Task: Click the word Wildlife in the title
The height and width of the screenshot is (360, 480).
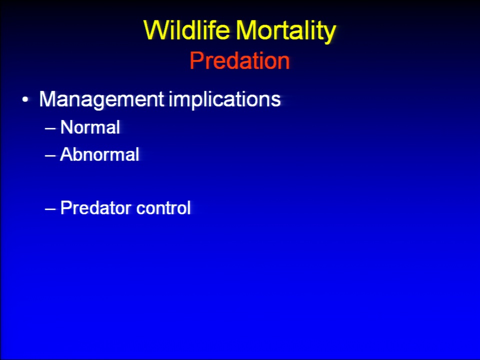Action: pyautogui.click(x=186, y=30)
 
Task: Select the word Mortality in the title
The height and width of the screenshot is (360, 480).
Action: pyautogui.click(x=286, y=32)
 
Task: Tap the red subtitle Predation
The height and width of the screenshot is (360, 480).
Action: pyautogui.click(x=239, y=60)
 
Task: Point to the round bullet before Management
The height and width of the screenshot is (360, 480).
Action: pyautogui.click(x=25, y=100)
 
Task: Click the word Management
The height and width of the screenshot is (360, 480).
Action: pyautogui.click(x=101, y=100)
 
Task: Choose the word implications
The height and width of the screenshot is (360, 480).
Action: pyautogui.click(x=224, y=99)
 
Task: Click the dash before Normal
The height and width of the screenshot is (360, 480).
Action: pyautogui.click(x=50, y=128)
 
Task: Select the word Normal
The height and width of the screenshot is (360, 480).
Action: pyautogui.click(x=90, y=127)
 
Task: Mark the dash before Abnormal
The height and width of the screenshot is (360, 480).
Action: pyautogui.click(x=50, y=155)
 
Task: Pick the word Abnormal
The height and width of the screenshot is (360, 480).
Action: pyautogui.click(x=99, y=154)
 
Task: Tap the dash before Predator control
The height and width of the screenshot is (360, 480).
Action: pyautogui.click(x=50, y=209)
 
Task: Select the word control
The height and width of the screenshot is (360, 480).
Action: pyautogui.click(x=163, y=208)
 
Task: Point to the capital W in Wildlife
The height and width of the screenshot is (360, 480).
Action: pyautogui.click(x=156, y=30)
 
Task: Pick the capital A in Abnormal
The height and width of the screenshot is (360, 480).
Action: pyautogui.click(x=66, y=154)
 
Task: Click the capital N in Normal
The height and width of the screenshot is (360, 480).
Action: pyautogui.click(x=66, y=127)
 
